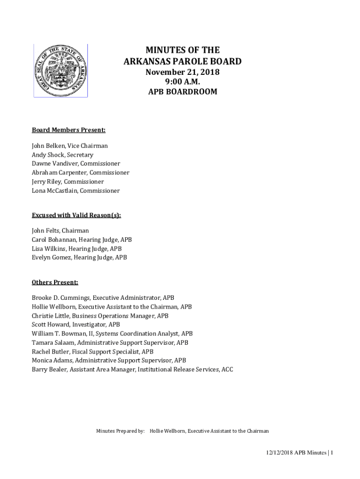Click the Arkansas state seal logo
(60, 71)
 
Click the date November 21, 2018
(182, 72)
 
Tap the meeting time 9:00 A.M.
(182, 82)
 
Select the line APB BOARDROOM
(182, 92)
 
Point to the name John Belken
(48, 146)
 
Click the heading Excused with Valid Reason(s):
(76, 215)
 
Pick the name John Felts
(45, 231)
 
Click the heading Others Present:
(55, 282)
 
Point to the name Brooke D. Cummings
(61, 298)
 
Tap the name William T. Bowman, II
(62, 334)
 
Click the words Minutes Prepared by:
(120, 431)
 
